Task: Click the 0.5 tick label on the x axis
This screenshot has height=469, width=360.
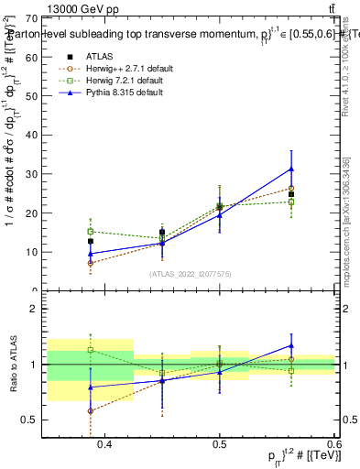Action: point(220,444)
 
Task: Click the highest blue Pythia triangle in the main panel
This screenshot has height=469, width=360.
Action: point(291,169)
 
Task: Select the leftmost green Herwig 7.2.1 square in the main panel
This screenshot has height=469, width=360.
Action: point(91,232)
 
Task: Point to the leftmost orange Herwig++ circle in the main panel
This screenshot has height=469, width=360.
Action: point(91,263)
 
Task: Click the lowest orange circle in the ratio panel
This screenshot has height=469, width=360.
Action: point(91,411)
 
